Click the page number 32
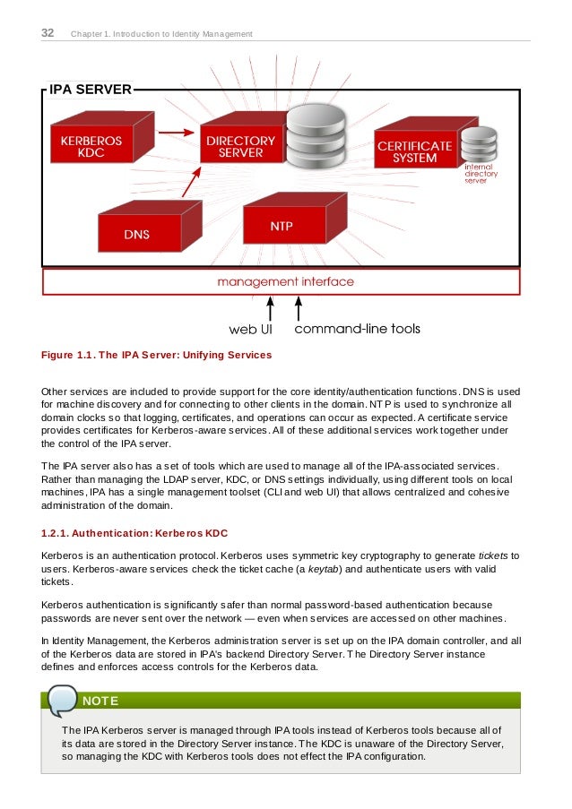click(48, 33)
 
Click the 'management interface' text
click(285, 281)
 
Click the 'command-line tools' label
click(357, 329)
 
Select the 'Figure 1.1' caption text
click(157, 356)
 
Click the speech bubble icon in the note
click(63, 700)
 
